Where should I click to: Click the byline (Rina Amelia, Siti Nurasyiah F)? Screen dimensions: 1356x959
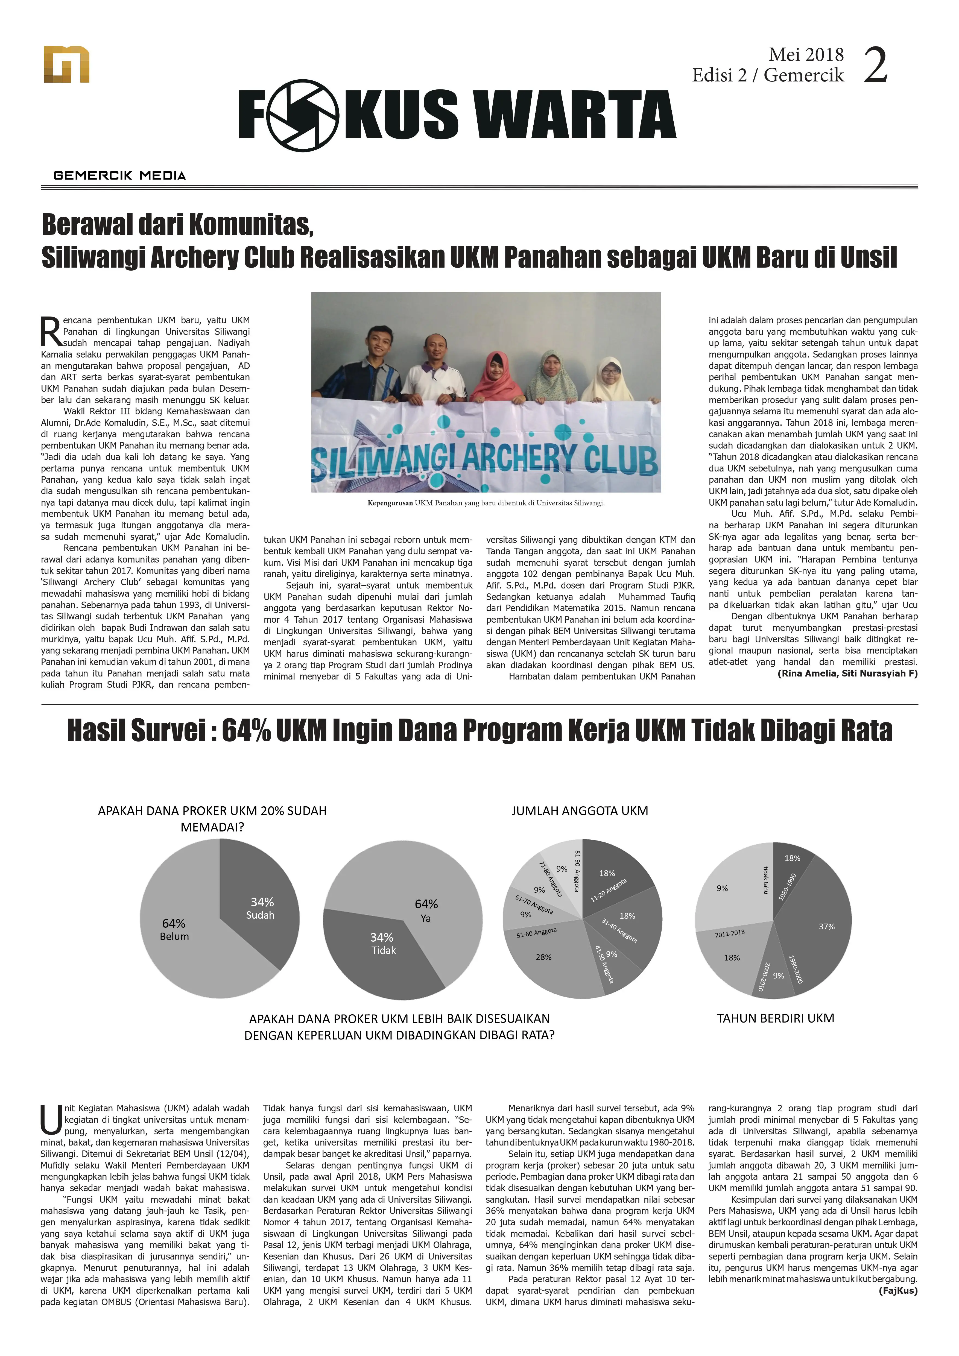847,673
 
